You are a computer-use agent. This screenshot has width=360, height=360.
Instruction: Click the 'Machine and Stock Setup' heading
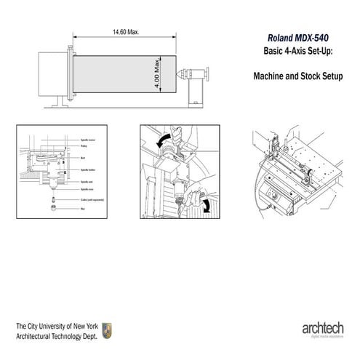297,75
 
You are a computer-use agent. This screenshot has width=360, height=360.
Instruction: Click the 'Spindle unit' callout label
85,181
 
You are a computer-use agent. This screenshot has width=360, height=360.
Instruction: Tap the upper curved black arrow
166,137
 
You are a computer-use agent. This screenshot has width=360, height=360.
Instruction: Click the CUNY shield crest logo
107,329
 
